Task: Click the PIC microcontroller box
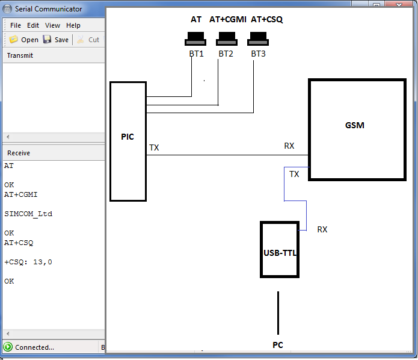point(128,141)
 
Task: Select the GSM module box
point(357,129)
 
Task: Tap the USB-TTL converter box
point(279,249)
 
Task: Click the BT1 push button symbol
point(195,42)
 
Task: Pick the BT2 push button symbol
point(227,42)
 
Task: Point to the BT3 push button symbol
point(258,42)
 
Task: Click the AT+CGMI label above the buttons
point(228,19)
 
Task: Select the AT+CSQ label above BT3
point(266,19)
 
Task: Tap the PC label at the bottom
point(277,345)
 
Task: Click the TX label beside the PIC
point(154,147)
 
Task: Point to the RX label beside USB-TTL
point(322,229)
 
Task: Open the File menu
point(16,25)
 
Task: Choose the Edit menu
point(33,25)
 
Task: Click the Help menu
point(73,25)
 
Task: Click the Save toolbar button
point(56,40)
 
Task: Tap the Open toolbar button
point(24,40)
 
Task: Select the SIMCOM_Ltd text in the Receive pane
point(28,214)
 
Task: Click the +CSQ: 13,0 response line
point(28,262)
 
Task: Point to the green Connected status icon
point(8,347)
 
